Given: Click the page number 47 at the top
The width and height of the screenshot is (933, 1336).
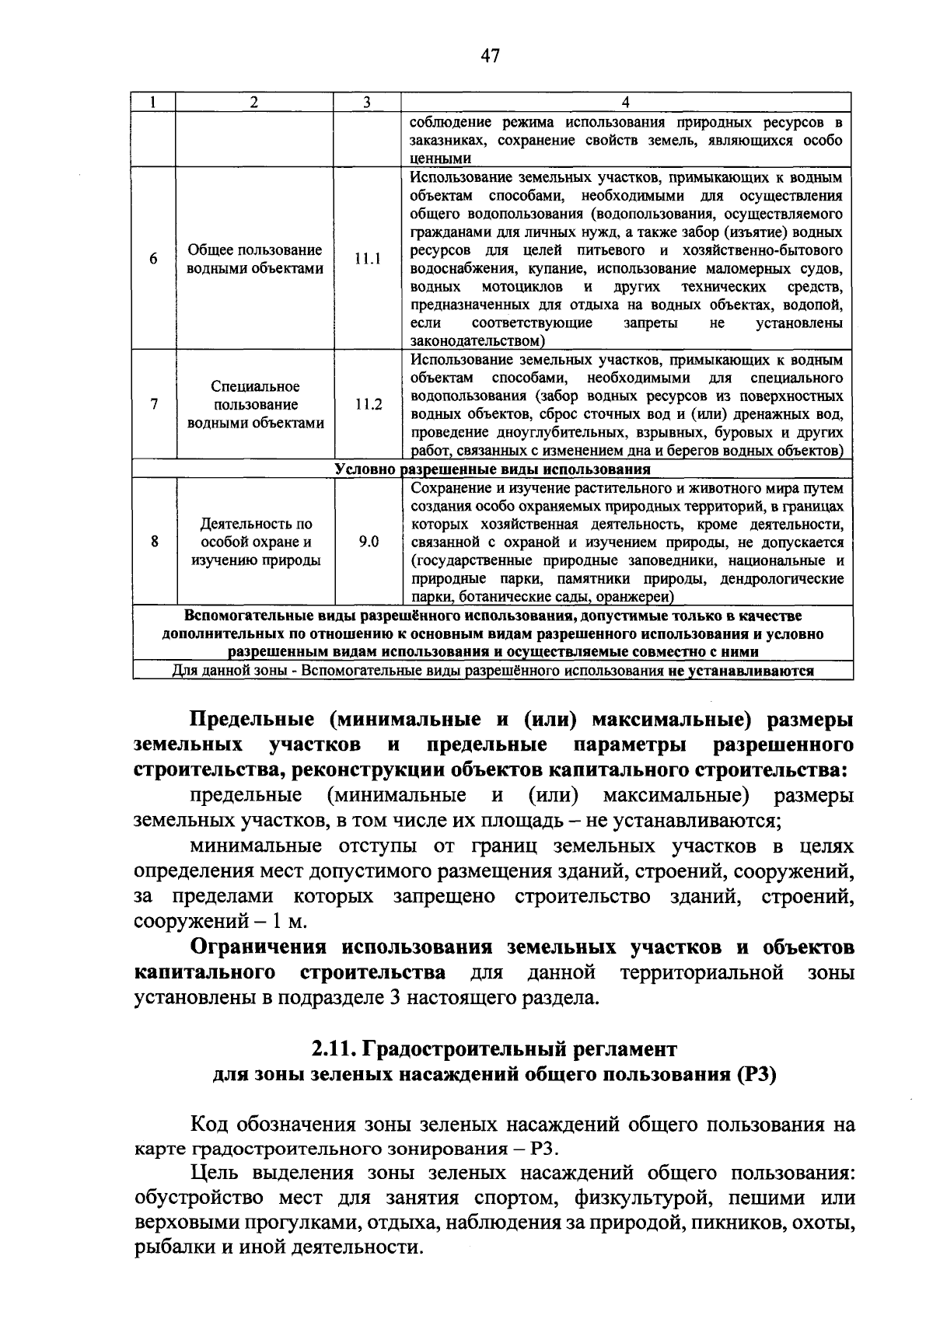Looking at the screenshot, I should (x=489, y=55).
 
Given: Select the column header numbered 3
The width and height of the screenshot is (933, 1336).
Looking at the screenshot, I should (x=366, y=103).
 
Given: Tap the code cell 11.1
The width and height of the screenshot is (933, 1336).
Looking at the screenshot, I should (x=368, y=260).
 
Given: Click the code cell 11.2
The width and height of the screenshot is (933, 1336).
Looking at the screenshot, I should (x=368, y=405).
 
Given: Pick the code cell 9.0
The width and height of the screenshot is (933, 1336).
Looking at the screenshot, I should (x=368, y=542).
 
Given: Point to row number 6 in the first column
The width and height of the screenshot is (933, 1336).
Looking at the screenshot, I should (x=154, y=260).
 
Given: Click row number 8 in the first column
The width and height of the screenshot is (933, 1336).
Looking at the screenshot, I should (x=154, y=542).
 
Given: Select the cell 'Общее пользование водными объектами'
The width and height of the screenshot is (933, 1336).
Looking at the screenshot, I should (x=255, y=260).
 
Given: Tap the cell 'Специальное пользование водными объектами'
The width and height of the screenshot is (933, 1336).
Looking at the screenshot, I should (x=255, y=405).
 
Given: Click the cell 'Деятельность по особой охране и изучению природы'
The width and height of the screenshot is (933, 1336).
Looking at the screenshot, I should (x=255, y=542).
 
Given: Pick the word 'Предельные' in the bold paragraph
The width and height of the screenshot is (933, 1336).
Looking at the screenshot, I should (x=251, y=719).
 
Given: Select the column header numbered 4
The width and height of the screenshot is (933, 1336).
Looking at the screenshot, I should (x=626, y=103).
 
